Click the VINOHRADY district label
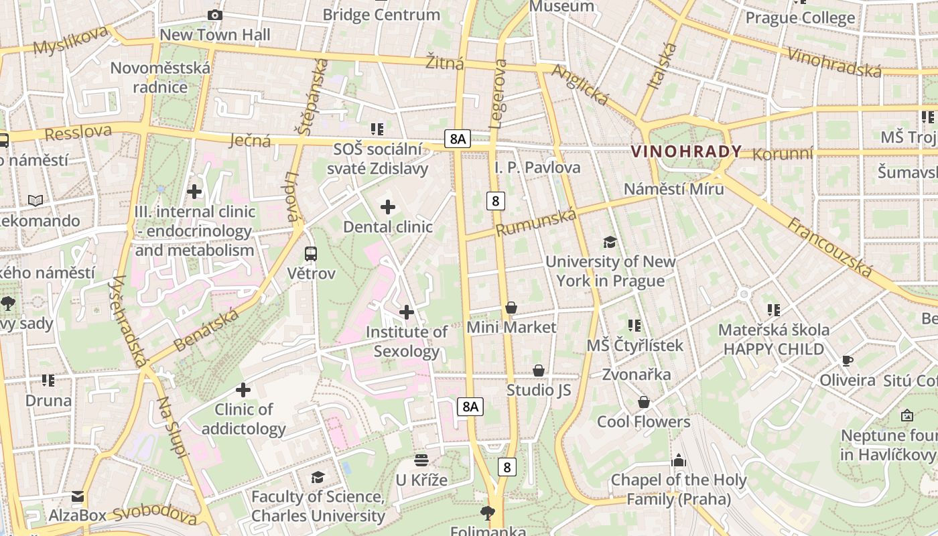point(686,151)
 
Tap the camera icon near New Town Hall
point(214,15)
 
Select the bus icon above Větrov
point(311,254)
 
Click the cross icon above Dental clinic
point(387,207)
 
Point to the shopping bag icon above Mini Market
point(511,308)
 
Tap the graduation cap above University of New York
point(610,242)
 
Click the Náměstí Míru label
point(673,189)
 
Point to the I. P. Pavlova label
point(537,167)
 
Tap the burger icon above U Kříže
point(421,460)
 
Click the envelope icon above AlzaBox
point(78,496)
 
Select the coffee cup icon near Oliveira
point(847,361)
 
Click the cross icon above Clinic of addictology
point(243,389)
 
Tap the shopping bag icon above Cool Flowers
point(643,402)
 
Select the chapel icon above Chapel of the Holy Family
point(679,460)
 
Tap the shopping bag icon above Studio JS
point(539,371)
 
